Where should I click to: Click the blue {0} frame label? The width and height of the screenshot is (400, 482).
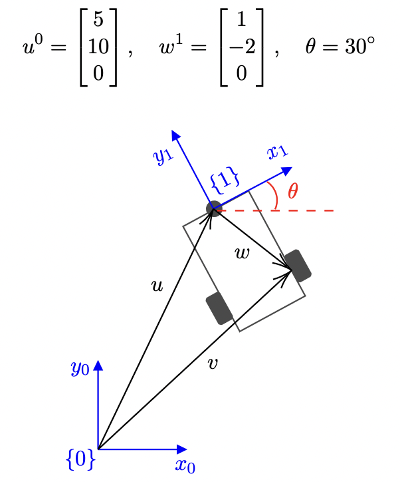click(81, 459)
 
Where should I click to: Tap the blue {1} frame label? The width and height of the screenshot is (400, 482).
click(224, 181)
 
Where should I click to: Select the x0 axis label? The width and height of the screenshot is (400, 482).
click(185, 465)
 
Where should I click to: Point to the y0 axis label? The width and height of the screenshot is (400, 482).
click(80, 368)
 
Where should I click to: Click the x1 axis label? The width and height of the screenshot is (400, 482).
click(278, 152)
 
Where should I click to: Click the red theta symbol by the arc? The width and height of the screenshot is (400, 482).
click(292, 191)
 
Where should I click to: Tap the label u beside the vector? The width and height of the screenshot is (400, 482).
click(157, 286)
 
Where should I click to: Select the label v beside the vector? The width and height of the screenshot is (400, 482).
click(213, 363)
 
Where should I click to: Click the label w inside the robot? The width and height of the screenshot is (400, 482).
click(243, 253)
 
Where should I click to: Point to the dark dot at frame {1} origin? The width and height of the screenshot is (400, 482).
click(213, 209)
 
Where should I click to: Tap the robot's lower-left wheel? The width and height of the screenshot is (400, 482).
click(219, 308)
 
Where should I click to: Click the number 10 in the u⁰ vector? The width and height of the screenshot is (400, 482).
click(98, 47)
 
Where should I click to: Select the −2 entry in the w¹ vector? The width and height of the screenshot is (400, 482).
click(241, 47)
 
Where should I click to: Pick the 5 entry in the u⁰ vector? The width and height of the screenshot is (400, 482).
click(98, 20)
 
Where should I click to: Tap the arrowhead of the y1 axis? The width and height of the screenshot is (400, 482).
click(176, 135)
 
